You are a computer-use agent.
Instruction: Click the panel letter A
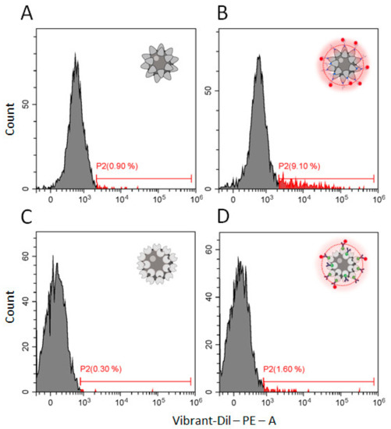click(28, 14)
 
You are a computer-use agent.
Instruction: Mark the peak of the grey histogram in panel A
click(75, 55)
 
